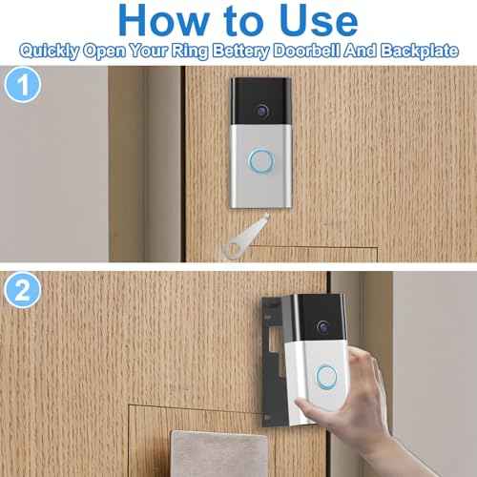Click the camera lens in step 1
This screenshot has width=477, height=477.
coord(259,111)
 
